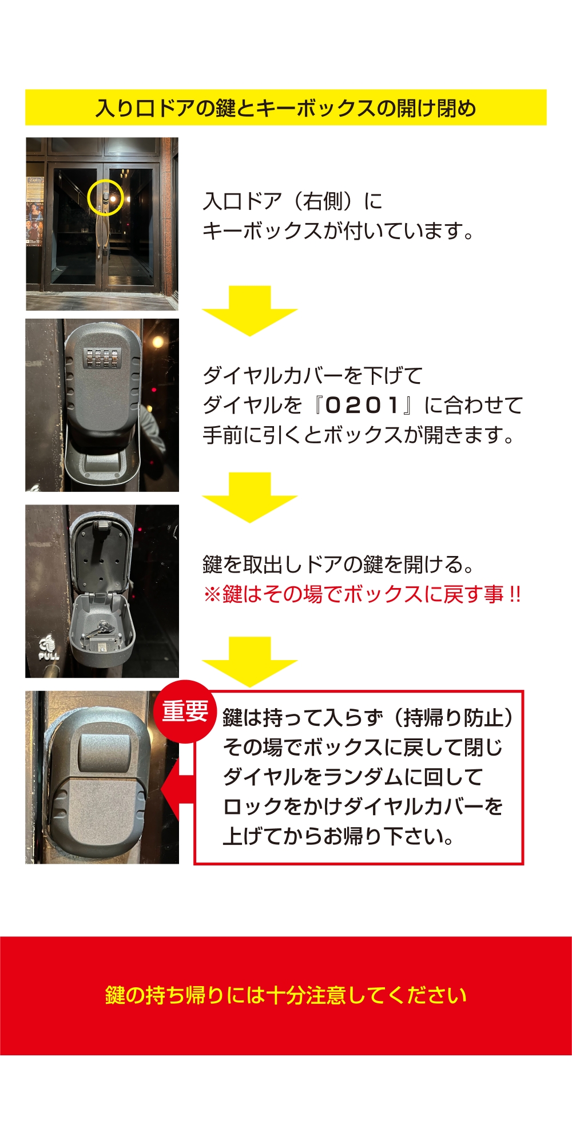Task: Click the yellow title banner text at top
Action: [x=285, y=108]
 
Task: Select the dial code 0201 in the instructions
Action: [x=362, y=406]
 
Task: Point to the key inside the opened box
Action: [x=102, y=630]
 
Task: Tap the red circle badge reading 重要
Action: [x=185, y=712]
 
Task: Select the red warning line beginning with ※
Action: [x=362, y=594]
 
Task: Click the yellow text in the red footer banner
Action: [x=285, y=995]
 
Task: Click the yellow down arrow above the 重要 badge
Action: [x=249, y=661]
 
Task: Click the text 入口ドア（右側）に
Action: [x=292, y=201]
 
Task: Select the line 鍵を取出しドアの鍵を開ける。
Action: [x=339, y=565]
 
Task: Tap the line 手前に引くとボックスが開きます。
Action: [x=359, y=435]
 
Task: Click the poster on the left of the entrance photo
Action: [x=35, y=212]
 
